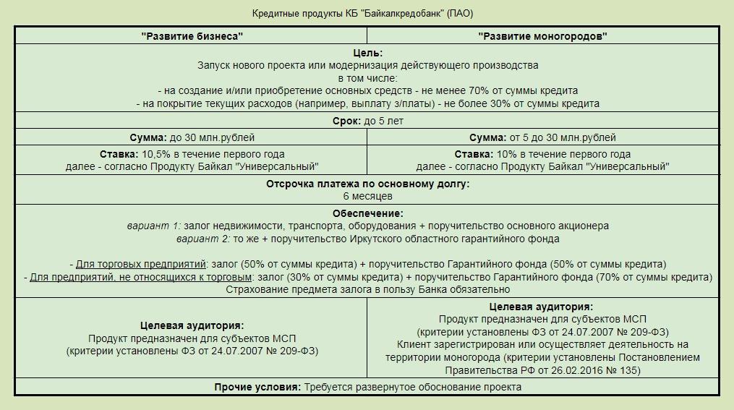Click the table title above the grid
click(x=362, y=14)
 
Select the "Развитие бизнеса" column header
click(x=192, y=36)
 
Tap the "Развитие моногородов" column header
click(x=542, y=36)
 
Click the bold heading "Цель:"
click(x=367, y=53)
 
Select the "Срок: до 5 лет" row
click(x=367, y=121)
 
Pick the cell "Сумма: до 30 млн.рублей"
click(x=192, y=137)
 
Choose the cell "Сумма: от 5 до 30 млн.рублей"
click(x=542, y=137)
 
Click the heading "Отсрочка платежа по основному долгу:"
click(x=367, y=184)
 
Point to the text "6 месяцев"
click(x=367, y=196)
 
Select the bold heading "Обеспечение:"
click(x=367, y=213)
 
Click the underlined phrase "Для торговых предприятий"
click(x=141, y=264)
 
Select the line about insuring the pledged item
click(x=367, y=290)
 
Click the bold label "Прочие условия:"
click(x=257, y=388)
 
